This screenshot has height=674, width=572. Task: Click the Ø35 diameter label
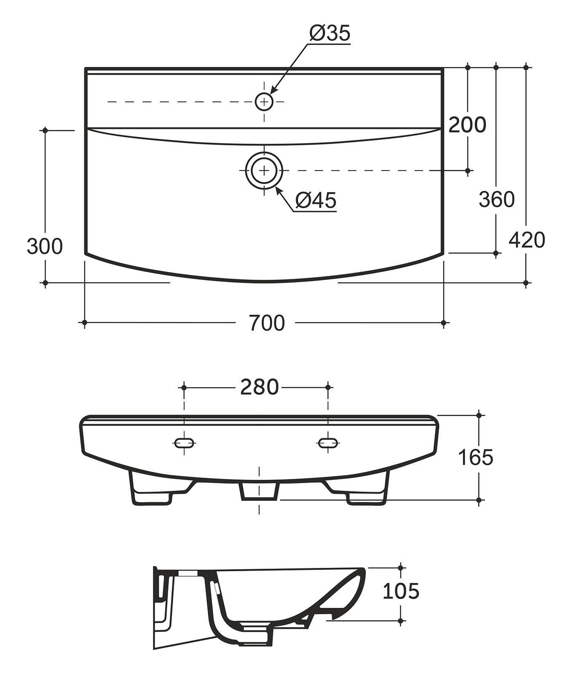(x=330, y=33)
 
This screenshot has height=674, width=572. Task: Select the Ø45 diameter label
(x=316, y=200)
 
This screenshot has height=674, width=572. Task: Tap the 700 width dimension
(x=267, y=323)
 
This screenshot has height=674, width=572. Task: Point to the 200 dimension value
(x=467, y=125)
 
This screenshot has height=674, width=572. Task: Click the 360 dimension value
(x=497, y=199)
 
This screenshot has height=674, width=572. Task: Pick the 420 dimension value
(x=527, y=240)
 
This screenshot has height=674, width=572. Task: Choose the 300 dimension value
(x=45, y=246)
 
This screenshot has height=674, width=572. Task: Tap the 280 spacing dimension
(x=259, y=387)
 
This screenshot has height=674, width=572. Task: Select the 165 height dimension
(x=475, y=457)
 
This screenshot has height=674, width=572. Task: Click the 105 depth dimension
(x=401, y=591)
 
